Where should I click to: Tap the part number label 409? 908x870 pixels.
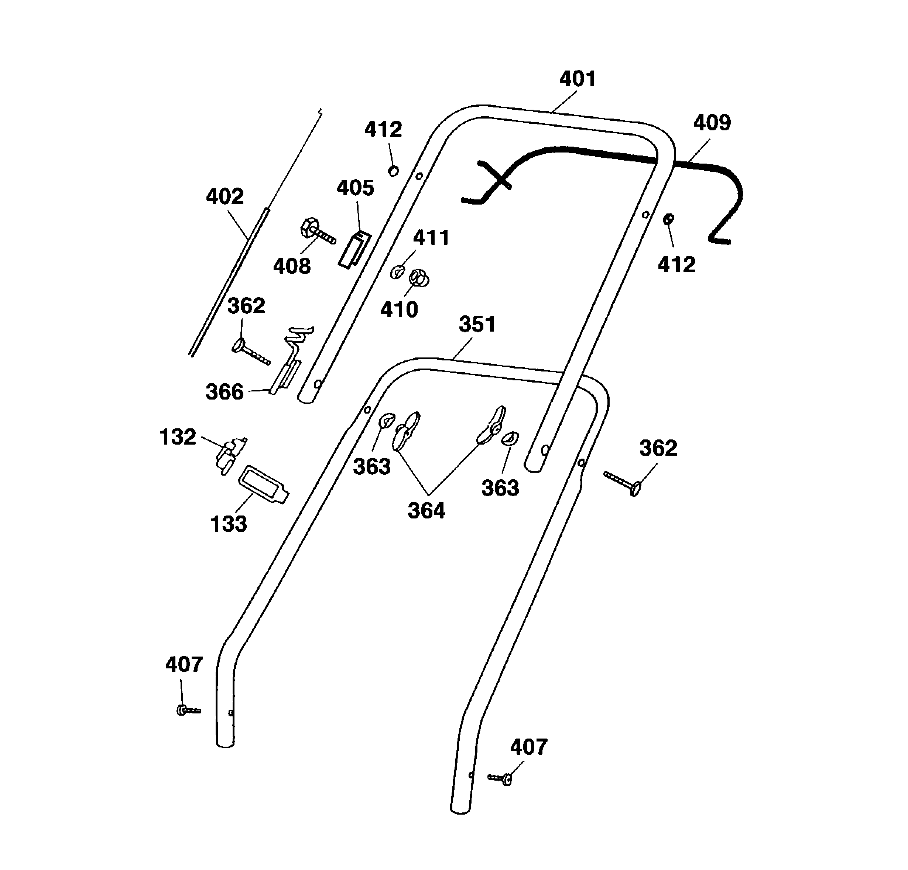(x=712, y=123)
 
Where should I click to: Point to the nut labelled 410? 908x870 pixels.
(x=419, y=278)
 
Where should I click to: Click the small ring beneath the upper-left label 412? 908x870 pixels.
(x=393, y=171)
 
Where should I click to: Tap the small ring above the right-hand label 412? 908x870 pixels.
(x=668, y=219)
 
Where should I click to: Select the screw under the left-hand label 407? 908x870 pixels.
(x=188, y=709)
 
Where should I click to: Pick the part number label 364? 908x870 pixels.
(x=426, y=510)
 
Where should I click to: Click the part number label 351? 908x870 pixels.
(x=477, y=324)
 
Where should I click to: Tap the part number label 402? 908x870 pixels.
(x=225, y=196)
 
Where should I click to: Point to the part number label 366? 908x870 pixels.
(x=224, y=392)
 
